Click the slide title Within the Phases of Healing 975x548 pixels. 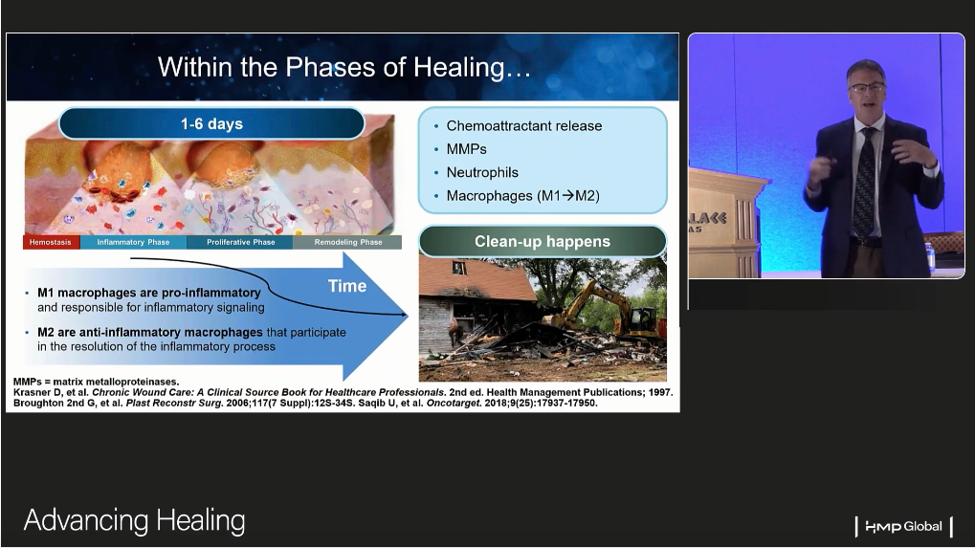[x=344, y=67]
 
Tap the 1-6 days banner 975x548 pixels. [x=211, y=123]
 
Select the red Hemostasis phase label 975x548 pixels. [x=51, y=242]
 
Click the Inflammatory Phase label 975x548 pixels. [x=133, y=242]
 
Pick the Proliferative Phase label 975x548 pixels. [x=241, y=242]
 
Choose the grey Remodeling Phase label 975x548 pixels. [x=348, y=242]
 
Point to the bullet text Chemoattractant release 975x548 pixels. [x=524, y=126]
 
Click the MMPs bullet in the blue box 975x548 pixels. [x=466, y=149]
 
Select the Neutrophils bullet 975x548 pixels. [x=482, y=173]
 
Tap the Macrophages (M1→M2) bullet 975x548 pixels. [x=523, y=196]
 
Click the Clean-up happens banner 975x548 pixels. [x=543, y=242]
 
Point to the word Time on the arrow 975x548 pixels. [x=347, y=286]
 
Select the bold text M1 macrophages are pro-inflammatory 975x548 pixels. [x=149, y=293]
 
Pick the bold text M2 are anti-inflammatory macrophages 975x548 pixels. [x=150, y=333]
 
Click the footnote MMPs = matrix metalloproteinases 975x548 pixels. [x=96, y=382]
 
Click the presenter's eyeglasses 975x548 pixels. [x=866, y=88]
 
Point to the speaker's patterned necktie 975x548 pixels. [x=864, y=183]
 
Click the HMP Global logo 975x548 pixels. [x=903, y=527]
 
